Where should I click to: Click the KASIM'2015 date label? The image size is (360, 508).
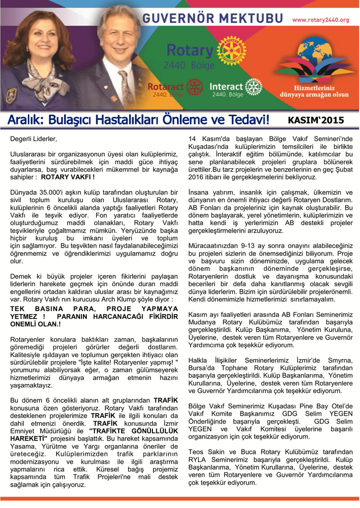tap(316, 120)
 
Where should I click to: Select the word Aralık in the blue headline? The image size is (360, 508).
tap(25, 120)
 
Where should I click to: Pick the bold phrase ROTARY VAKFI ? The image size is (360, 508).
tap(68, 177)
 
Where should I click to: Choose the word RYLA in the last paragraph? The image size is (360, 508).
tap(198, 459)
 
